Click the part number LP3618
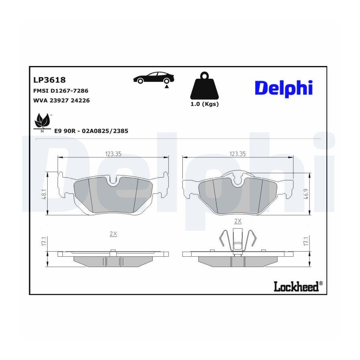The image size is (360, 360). pyautogui.click(x=50, y=80)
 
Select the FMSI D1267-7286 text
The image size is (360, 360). pyautogui.click(x=61, y=91)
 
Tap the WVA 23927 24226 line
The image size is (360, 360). pyautogui.click(x=62, y=100)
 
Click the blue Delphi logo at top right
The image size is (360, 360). pyautogui.click(x=284, y=88)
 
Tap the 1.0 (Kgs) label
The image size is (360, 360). pyautogui.click(x=204, y=104)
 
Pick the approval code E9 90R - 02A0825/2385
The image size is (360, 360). pyautogui.click(x=91, y=131)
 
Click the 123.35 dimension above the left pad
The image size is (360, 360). pyautogui.click(x=113, y=154)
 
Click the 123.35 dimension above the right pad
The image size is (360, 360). pyautogui.click(x=238, y=154)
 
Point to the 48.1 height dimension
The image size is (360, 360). pyautogui.click(x=44, y=194)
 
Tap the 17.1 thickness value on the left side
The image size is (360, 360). pyautogui.click(x=44, y=241)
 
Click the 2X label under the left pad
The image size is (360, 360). pyautogui.click(x=114, y=234)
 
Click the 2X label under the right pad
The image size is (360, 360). pyautogui.click(x=238, y=221)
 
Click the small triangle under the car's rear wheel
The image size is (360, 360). pyautogui.click(x=167, y=86)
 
